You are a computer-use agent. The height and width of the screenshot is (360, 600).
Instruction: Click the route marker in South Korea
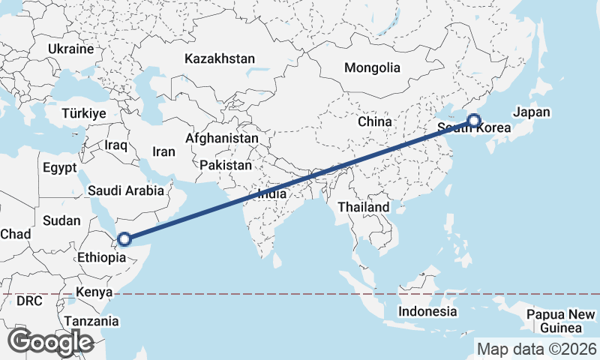[x=474, y=120]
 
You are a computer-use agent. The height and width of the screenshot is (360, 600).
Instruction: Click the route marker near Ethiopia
[x=124, y=240]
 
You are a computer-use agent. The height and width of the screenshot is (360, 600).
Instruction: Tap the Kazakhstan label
[x=220, y=58]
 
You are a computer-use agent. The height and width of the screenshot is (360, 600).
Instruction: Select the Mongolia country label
[x=372, y=67]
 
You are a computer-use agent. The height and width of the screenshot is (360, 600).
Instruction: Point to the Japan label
[x=532, y=112]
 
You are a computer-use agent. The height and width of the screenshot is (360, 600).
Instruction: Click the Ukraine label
[x=70, y=49]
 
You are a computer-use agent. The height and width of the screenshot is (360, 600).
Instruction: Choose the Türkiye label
[x=85, y=113]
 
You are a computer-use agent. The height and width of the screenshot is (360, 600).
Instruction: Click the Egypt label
[x=60, y=167]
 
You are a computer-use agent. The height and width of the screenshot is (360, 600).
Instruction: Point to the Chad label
[x=15, y=234]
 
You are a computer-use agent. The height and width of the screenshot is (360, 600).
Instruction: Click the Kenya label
[x=94, y=292]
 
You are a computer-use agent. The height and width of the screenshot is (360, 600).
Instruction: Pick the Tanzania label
[x=91, y=321]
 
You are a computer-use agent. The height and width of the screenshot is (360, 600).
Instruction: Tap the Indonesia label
[x=427, y=311]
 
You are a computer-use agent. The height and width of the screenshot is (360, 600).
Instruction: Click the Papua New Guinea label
[x=560, y=321]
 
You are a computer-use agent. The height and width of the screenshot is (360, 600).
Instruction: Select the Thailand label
[x=364, y=207]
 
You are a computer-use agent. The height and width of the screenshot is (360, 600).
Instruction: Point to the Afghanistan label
[x=222, y=139]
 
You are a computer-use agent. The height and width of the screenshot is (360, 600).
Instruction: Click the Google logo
[x=50, y=342]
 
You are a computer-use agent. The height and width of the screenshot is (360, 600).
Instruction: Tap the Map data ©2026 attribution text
[x=536, y=349]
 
